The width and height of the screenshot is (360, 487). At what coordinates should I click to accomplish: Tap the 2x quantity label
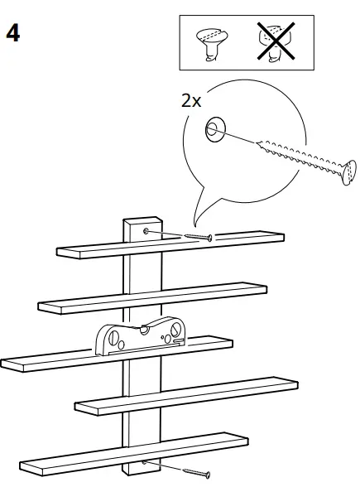click(x=190, y=101)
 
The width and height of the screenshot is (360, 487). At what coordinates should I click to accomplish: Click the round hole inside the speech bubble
click(x=213, y=129)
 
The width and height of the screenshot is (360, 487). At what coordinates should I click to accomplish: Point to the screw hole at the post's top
click(x=146, y=230)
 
